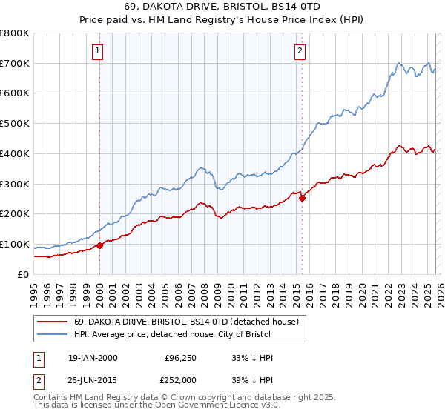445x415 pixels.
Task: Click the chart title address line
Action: pos(222,7)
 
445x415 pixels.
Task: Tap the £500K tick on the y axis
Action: pos(14,123)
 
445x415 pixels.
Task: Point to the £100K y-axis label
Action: pos(14,244)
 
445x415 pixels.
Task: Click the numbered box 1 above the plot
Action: pos(99,51)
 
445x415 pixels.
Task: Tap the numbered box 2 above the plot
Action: pos(300,51)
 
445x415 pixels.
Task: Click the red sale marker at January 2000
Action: pos(100,245)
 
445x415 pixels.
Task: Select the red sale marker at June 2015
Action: pos(303,198)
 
